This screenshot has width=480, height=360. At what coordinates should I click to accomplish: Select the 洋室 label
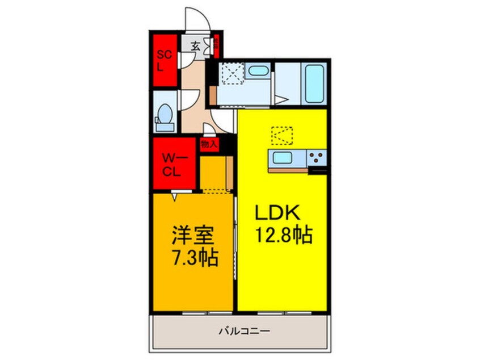192,236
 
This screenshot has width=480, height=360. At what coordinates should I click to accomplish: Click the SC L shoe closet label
163,60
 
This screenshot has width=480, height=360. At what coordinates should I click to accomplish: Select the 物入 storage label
209,144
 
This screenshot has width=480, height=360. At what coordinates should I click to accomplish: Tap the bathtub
314,83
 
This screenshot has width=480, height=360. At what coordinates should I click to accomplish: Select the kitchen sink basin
281,157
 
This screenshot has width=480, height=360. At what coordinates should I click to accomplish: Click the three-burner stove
316,157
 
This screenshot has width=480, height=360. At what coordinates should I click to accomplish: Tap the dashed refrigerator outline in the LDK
283,136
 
